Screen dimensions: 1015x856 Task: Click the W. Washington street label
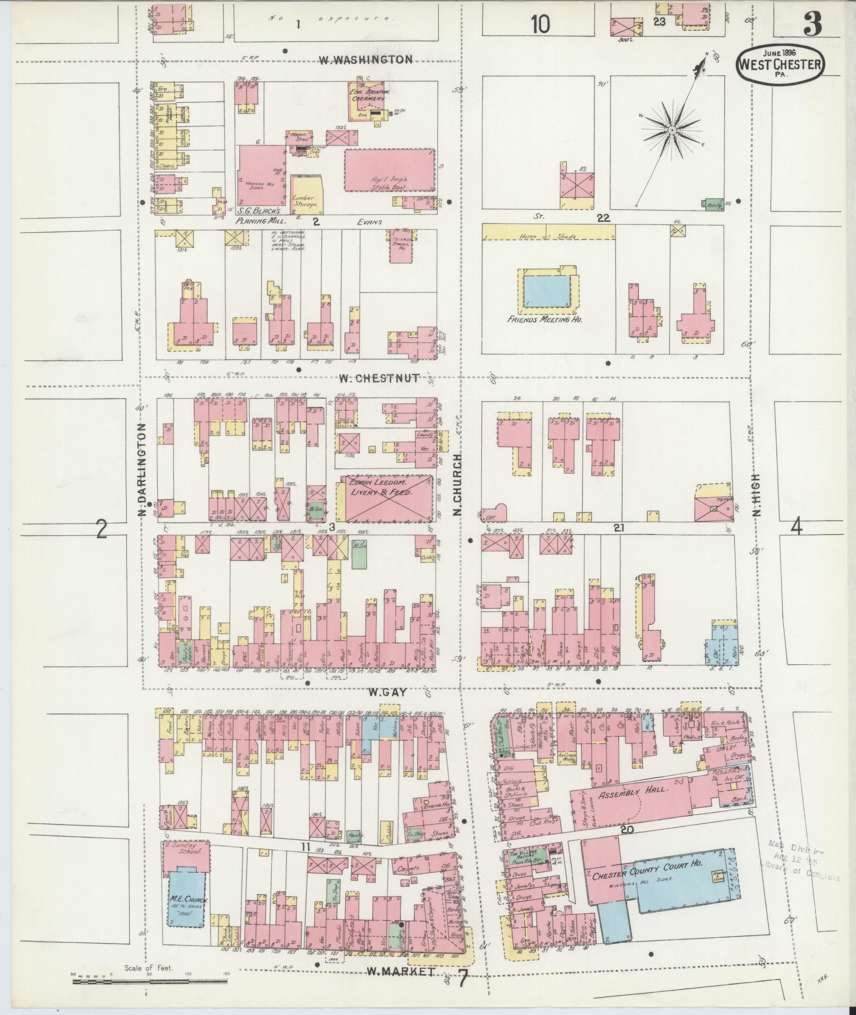coord(366,59)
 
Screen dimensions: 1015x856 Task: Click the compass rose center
coord(671,130)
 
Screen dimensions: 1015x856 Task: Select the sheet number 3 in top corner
coord(812,24)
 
